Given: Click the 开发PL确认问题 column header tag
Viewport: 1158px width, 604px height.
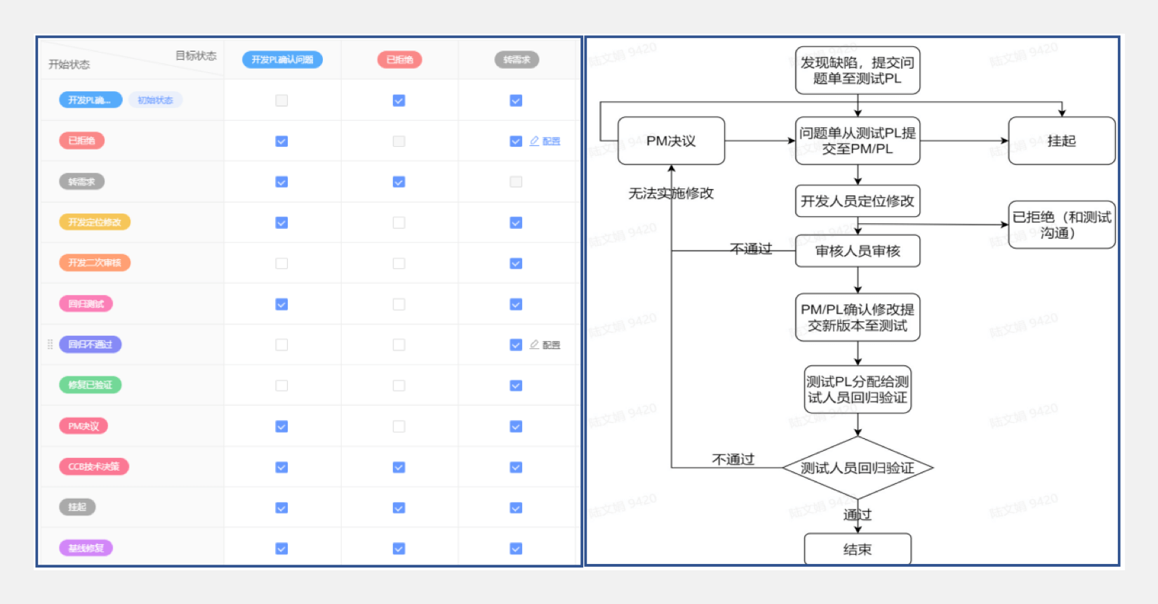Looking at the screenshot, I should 282,60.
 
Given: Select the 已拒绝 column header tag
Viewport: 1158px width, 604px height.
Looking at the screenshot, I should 399,60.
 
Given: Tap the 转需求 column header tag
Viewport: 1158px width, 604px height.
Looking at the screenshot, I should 517,60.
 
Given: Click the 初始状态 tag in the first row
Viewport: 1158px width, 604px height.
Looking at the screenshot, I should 155,100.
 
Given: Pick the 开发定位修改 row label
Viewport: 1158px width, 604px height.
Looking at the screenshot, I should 95,223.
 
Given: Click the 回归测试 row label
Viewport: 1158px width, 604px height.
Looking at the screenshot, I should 86,304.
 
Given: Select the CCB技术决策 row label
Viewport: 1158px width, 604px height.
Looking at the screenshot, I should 94,467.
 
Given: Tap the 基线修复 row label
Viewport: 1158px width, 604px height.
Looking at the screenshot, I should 86,549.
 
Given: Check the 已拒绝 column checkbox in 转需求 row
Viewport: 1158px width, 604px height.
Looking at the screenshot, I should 399,182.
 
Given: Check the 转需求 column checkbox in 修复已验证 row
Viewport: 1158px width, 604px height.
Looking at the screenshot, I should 516,386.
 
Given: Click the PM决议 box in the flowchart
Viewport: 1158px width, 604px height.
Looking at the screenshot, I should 671,141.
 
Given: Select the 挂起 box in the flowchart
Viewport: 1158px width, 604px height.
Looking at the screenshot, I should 1061,141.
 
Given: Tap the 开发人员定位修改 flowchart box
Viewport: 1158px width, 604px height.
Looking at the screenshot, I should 857,202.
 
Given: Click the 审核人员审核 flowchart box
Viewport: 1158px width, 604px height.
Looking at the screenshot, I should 857,251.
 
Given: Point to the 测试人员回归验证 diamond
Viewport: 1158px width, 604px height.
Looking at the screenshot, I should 857,468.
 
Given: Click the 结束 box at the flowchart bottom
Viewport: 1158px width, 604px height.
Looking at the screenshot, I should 857,549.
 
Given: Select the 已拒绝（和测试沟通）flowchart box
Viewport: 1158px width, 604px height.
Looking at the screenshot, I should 1061,225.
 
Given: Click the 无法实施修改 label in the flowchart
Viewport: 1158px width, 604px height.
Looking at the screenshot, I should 671,194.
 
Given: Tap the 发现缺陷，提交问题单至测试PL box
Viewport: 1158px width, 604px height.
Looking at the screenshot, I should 857,70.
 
